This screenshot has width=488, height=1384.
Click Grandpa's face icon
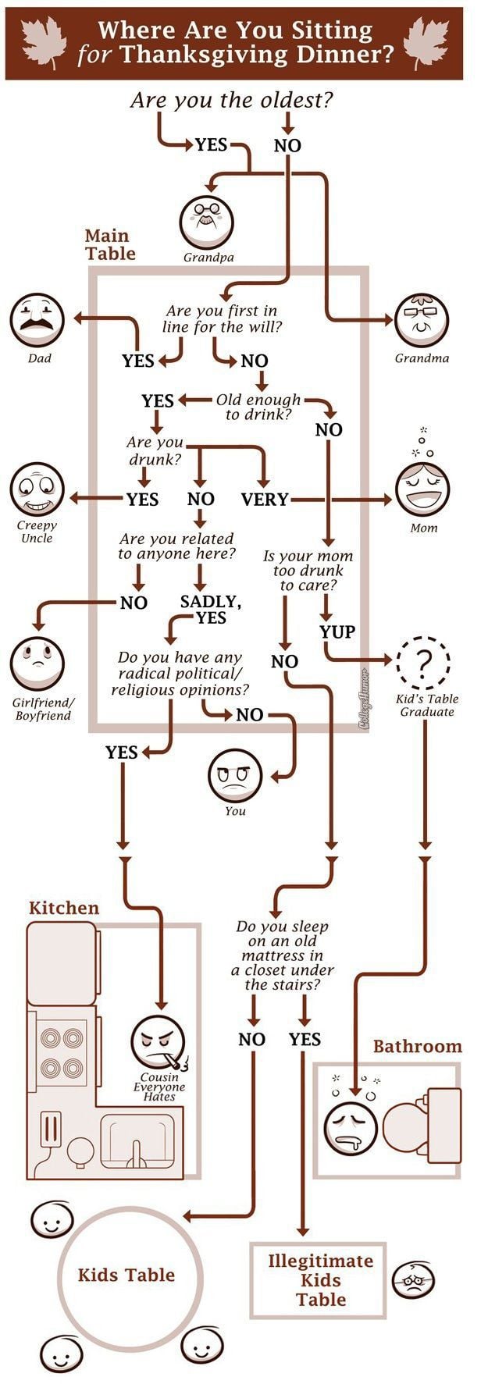[207, 222]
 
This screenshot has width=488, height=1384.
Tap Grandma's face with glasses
[422, 321]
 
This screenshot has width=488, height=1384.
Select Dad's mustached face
[37, 320]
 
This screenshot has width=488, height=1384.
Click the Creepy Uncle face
[37, 489]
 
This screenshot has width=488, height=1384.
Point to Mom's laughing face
[422, 490]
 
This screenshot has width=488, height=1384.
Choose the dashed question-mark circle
[424, 663]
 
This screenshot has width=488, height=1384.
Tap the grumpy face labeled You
[234, 774]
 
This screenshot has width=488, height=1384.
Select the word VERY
[265, 500]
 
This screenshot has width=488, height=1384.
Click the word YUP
[337, 632]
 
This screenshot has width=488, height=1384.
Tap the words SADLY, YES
[210, 610]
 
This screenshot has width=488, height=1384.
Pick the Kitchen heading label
[64, 908]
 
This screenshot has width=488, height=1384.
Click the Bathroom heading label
[417, 1046]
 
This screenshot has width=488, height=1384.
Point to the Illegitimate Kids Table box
[320, 1280]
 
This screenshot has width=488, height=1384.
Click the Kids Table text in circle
[126, 1275]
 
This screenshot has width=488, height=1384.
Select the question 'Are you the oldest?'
[232, 100]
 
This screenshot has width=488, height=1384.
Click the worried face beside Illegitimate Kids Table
[413, 1280]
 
